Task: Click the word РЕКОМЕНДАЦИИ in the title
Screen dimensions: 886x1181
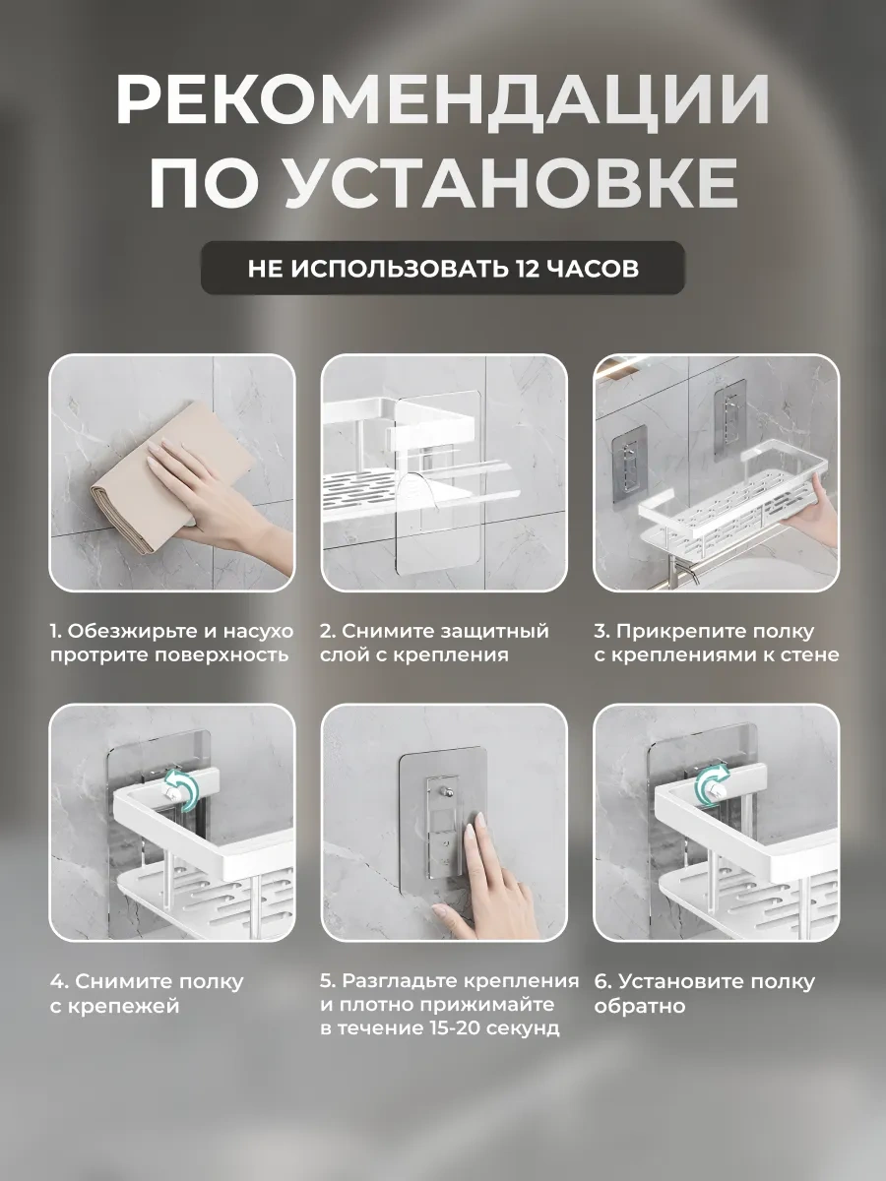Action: click(x=442, y=99)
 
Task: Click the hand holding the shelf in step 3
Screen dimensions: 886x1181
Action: click(x=815, y=510)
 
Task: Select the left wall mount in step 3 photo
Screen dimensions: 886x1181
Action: click(x=629, y=464)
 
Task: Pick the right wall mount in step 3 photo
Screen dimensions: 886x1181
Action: click(x=729, y=417)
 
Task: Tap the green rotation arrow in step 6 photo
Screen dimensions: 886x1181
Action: click(x=712, y=786)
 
